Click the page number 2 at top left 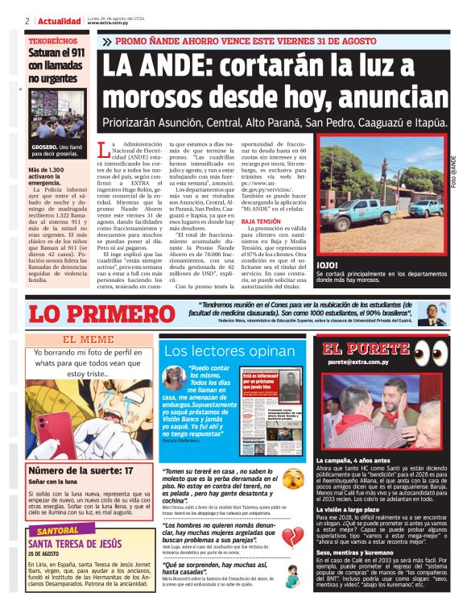point(27,21)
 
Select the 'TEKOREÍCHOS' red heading point(50,39)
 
